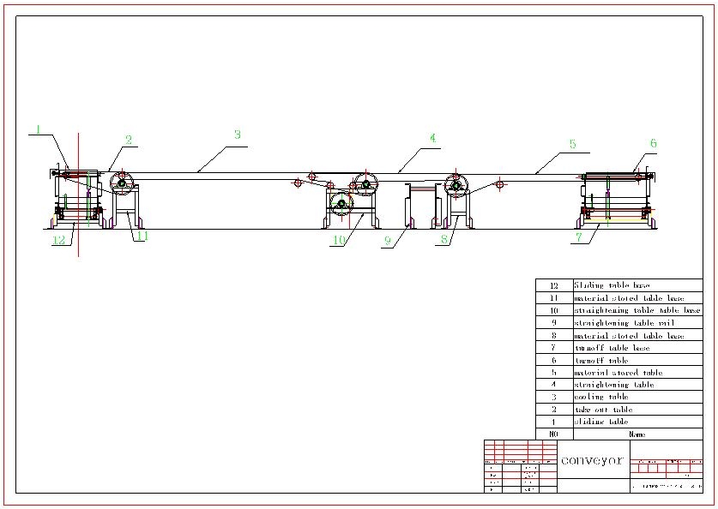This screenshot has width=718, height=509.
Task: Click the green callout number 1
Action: coord(39,129)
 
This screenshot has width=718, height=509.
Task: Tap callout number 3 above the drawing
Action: coord(238,135)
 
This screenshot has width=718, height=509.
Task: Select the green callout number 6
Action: coord(653,143)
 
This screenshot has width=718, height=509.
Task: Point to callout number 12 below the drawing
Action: coord(58,241)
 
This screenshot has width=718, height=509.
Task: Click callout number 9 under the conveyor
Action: coord(387,242)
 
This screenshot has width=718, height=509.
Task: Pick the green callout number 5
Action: coord(572,144)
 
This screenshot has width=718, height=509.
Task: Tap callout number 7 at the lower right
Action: coord(579,238)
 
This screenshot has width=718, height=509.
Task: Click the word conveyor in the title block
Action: coord(592,460)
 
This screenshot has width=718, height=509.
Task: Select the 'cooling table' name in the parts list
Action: coord(601,397)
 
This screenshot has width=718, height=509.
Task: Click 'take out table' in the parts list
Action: coord(603,410)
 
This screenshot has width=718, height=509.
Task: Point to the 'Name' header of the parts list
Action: coord(637,434)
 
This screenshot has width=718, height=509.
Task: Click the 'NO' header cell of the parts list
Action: coord(553,434)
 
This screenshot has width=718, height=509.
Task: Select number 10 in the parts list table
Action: coord(553,310)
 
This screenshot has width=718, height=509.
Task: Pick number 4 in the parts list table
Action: coord(553,385)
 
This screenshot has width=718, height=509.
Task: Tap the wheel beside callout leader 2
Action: coord(122,183)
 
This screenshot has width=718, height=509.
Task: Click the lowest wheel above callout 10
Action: coord(341,204)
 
